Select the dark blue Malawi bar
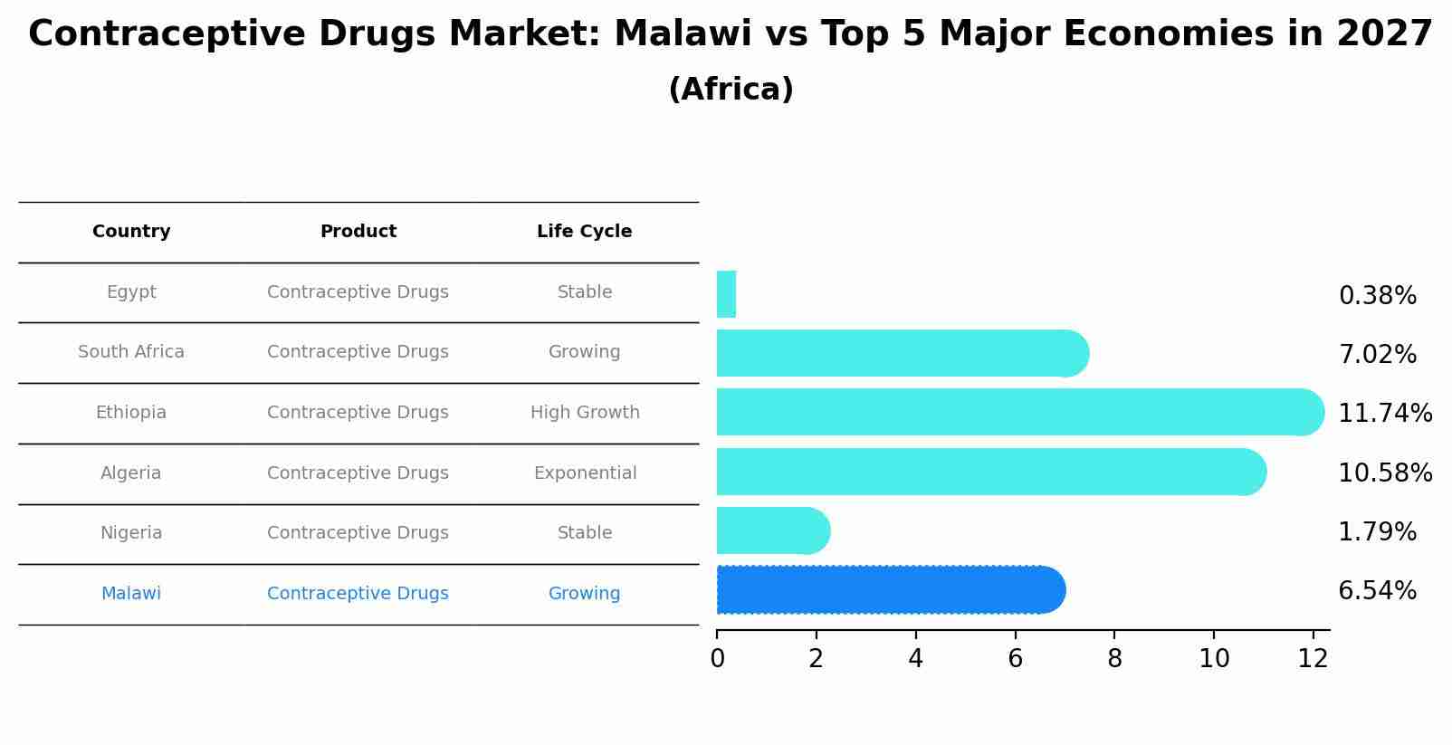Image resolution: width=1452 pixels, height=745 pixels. [887, 590]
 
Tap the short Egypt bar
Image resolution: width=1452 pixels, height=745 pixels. [726, 294]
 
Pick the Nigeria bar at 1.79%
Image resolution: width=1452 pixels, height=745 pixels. [769, 530]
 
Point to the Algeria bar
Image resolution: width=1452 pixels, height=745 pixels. [987, 472]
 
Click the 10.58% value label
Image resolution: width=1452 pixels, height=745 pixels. [1384, 473]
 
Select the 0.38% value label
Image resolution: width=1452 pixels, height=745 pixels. [1377, 296]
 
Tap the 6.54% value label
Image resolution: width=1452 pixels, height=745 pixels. [1377, 591]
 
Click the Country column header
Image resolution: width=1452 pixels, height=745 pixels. [131, 232]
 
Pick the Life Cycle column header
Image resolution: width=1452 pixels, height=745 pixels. [584, 232]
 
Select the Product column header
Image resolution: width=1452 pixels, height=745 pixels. [358, 232]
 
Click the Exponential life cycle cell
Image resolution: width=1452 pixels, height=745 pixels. [585, 473]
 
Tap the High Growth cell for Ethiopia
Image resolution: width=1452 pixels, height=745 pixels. [585, 413]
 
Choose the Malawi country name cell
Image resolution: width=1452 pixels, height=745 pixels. [131, 594]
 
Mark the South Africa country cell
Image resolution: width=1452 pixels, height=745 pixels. [131, 352]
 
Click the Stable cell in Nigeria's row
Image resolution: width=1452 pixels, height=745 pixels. [585, 533]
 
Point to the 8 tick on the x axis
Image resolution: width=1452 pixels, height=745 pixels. [1114, 659]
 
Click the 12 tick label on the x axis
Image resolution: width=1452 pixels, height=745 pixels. [1313, 659]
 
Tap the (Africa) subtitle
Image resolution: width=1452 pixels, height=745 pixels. [731, 90]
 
